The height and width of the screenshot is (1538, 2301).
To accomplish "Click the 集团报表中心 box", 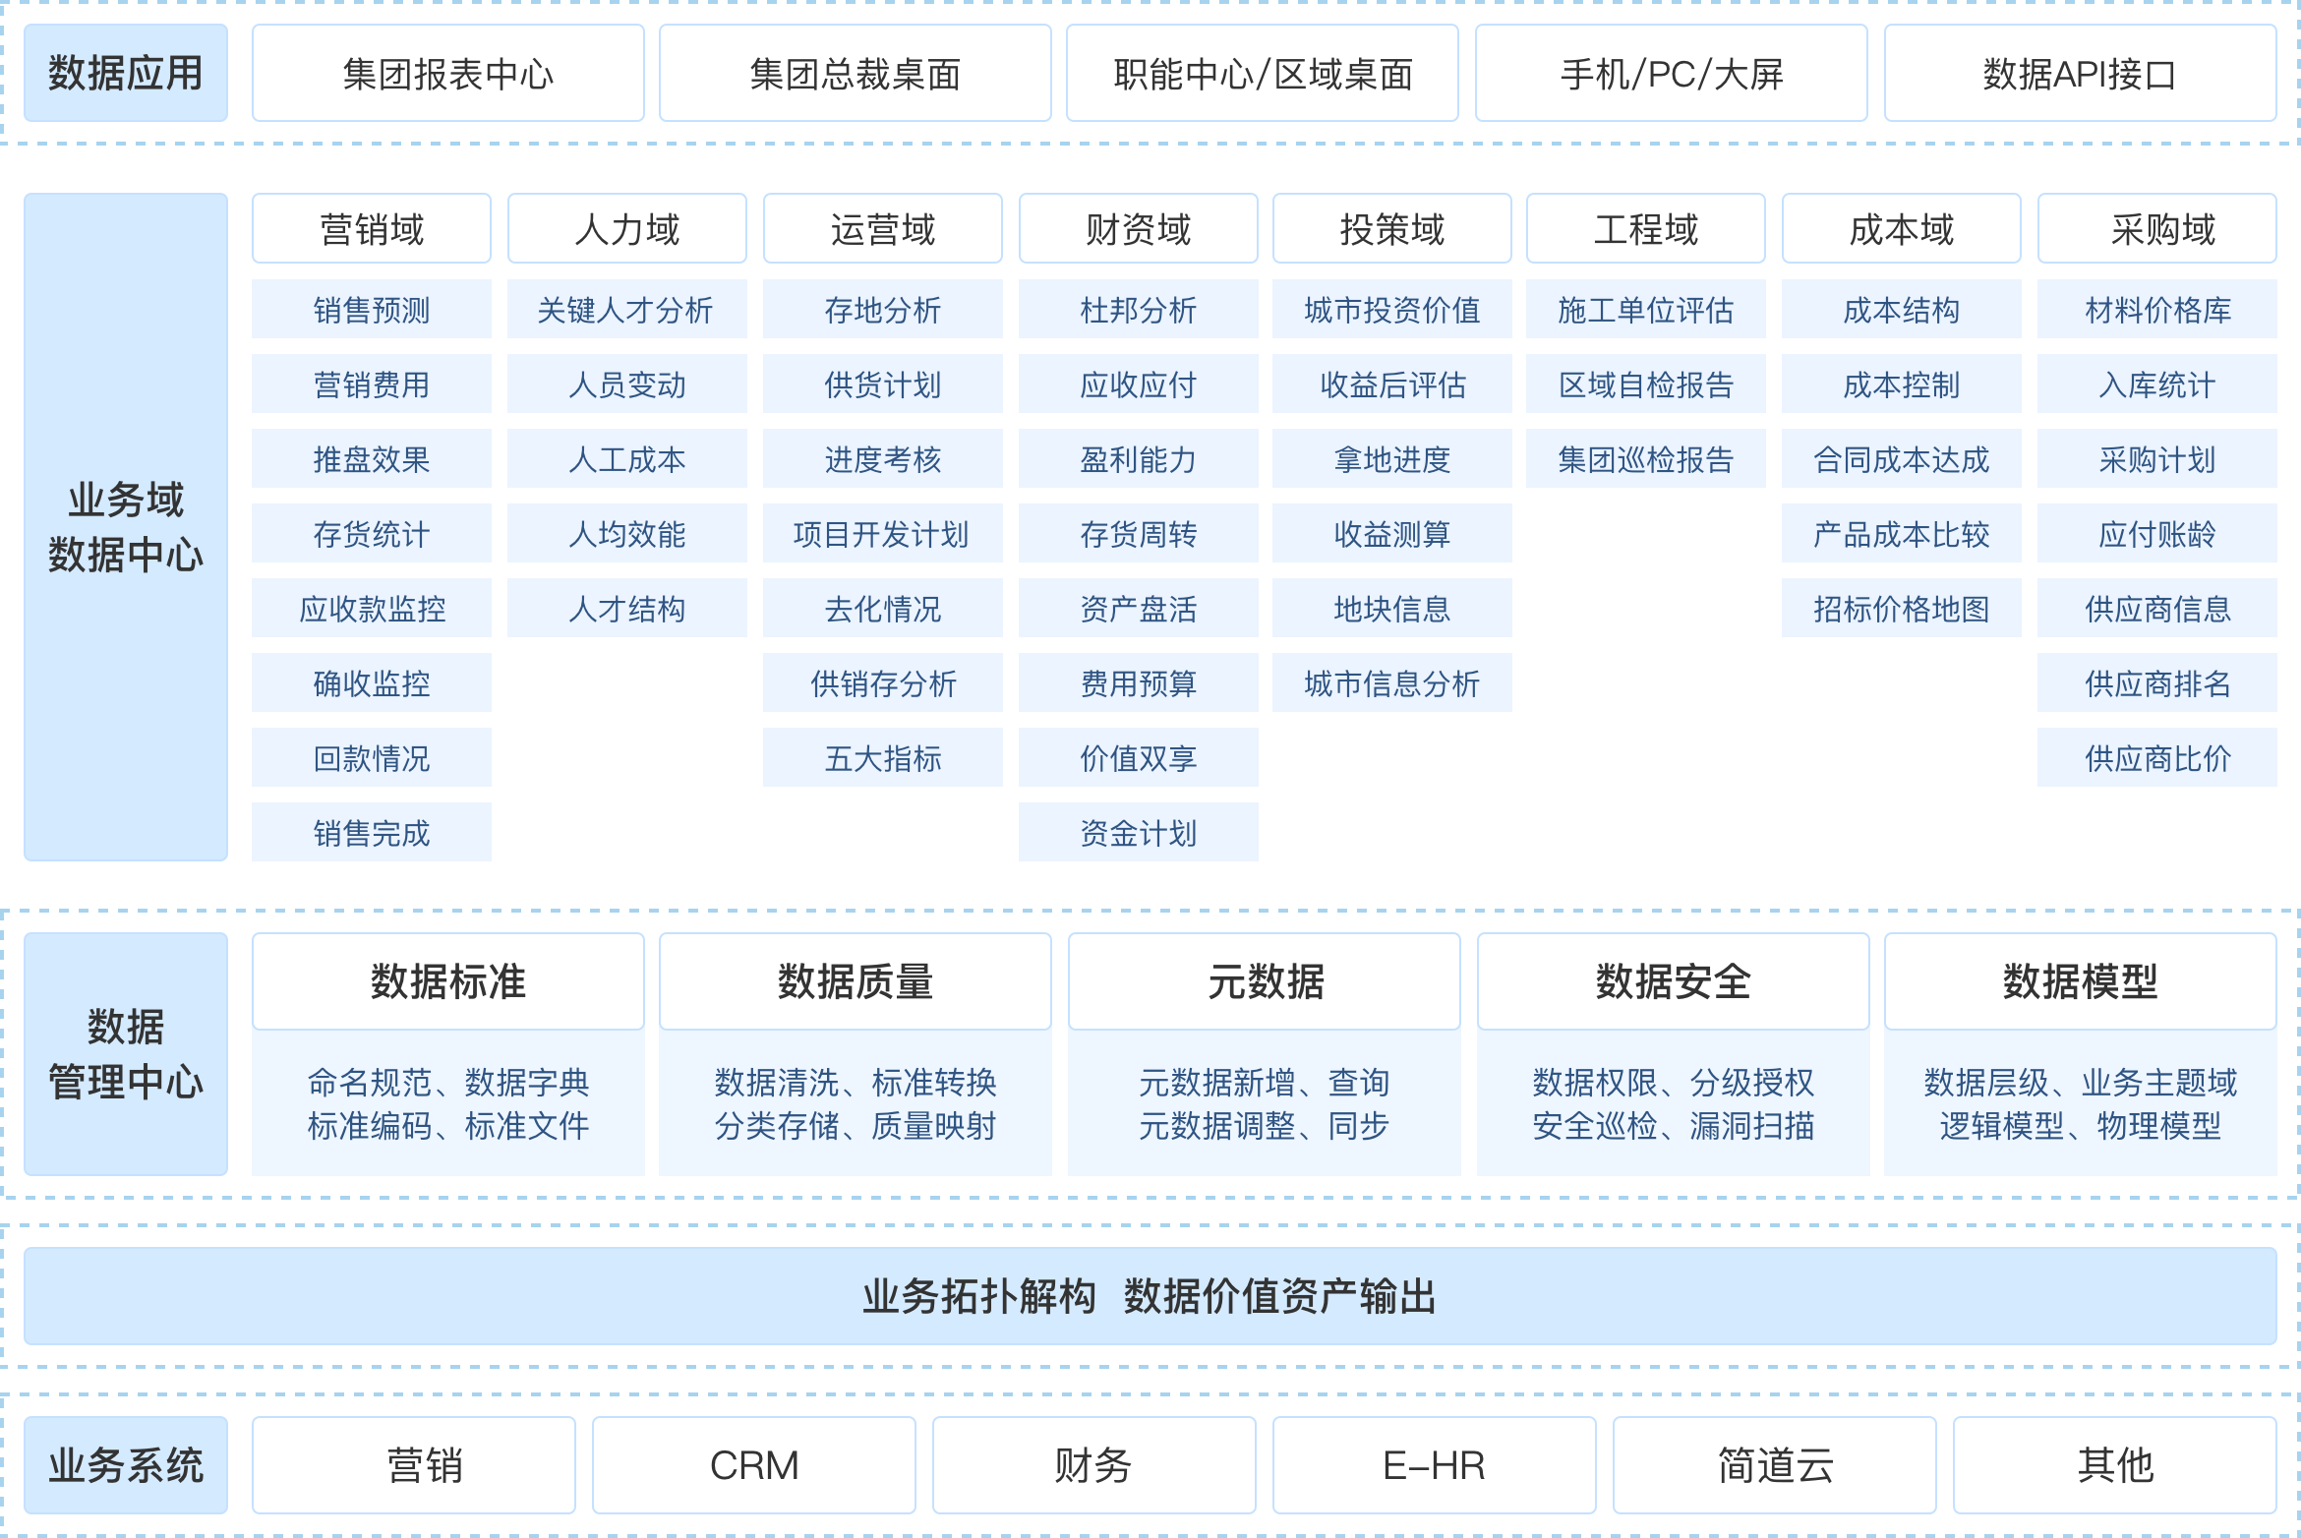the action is pyautogui.click(x=448, y=74).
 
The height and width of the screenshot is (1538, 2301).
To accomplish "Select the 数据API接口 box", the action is pyautogui.click(x=2080, y=74).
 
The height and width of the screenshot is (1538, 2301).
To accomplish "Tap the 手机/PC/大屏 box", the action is pyautogui.click(x=1672, y=74).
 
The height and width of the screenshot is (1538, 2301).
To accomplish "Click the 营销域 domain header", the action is pyautogui.click(x=372, y=229).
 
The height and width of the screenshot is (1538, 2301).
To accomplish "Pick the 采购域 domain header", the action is pyautogui.click(x=2157, y=229).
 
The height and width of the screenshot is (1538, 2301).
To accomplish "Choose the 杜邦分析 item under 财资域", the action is pyautogui.click(x=1139, y=310).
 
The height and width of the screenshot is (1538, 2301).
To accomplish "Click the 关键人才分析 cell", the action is pyautogui.click(x=627, y=310).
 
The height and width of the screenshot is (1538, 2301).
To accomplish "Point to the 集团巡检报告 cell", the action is pyautogui.click(x=1646, y=459).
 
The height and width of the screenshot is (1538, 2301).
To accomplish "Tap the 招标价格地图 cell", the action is pyautogui.click(x=1902, y=609).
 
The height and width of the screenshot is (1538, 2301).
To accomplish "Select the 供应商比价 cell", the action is pyautogui.click(x=2157, y=758).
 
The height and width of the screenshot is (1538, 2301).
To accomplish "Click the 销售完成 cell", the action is pyautogui.click(x=372, y=833).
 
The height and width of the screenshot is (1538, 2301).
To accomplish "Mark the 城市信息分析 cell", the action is pyautogui.click(x=1392, y=683).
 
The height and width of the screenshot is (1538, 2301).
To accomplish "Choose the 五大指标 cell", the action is pyautogui.click(x=883, y=758).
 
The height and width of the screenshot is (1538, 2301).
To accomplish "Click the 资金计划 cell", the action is pyautogui.click(x=1139, y=833).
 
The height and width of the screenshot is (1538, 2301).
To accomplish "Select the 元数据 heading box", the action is pyautogui.click(x=1265, y=981).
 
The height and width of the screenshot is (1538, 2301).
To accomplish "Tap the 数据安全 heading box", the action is pyautogui.click(x=1674, y=981).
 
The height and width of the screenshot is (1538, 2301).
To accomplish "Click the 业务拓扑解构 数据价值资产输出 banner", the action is pyautogui.click(x=1150, y=1296).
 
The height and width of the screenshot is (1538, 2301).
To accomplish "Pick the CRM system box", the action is pyautogui.click(x=754, y=1465).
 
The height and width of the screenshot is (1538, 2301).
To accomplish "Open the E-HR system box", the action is pyautogui.click(x=1435, y=1465).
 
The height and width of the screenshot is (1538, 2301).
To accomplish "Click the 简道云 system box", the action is pyautogui.click(x=1775, y=1465).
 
